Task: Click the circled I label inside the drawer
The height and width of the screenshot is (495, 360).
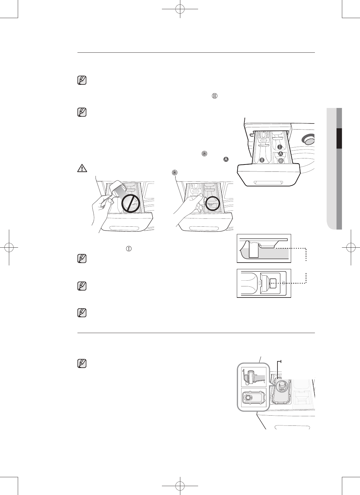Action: point(280,147)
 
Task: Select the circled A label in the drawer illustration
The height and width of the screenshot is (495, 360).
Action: point(280,154)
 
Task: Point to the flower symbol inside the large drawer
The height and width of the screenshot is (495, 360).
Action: point(281,161)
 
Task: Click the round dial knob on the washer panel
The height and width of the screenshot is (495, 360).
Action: point(309,139)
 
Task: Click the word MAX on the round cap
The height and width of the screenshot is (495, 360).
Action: point(282,389)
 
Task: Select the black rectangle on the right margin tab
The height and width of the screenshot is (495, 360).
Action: point(339,138)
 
